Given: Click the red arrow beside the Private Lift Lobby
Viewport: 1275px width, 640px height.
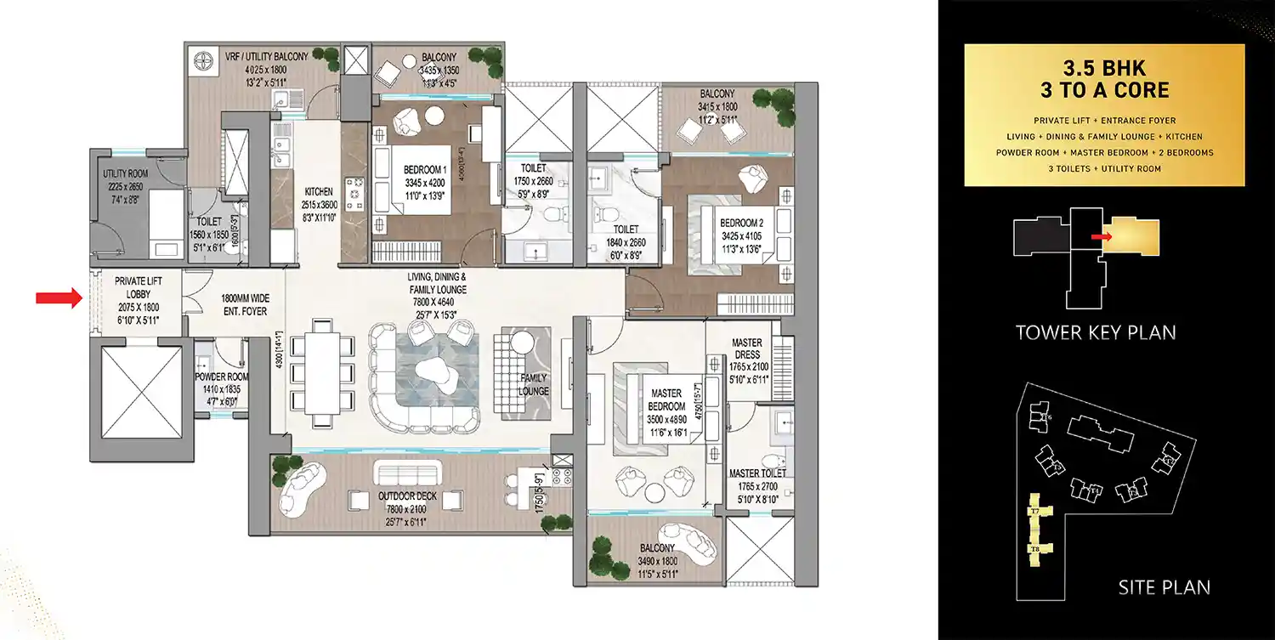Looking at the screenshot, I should [x=56, y=297].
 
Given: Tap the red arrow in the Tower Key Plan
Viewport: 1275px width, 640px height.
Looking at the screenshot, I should [x=1101, y=236].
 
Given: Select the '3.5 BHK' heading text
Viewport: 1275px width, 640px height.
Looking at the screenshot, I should [x=1103, y=67].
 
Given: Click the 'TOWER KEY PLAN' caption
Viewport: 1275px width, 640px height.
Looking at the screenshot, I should [x=1096, y=332].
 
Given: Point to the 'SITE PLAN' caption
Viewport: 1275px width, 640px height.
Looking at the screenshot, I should [x=1164, y=586].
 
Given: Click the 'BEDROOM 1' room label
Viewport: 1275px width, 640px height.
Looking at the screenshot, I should [x=425, y=170].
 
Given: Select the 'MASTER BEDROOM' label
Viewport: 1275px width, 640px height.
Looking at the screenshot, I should [x=666, y=399].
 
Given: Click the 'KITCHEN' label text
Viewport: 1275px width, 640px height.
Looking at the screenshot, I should [x=319, y=192].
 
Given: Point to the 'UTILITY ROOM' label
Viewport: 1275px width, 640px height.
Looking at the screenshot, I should [x=126, y=174].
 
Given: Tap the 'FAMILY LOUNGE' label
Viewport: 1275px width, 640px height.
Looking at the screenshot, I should [x=533, y=385].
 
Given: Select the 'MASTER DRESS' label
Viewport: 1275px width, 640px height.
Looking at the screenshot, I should [x=747, y=348].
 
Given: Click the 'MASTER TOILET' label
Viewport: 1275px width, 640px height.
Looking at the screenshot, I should [x=757, y=473].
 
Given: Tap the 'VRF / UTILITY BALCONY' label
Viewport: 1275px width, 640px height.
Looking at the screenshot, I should [x=266, y=57].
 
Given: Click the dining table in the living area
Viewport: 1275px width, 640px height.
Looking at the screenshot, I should [x=321, y=365].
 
